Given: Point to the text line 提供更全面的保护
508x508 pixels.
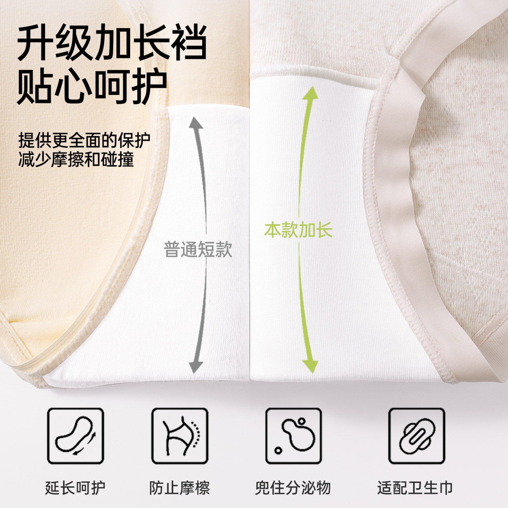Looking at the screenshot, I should [84, 140].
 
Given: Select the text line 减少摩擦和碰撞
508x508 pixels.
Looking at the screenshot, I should [76, 159].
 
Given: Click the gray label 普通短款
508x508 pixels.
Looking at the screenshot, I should [198, 249].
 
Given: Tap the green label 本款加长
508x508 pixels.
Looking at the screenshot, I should [298, 230].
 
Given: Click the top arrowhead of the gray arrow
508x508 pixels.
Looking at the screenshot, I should [196, 123].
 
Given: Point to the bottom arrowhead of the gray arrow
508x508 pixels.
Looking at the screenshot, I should [195, 367].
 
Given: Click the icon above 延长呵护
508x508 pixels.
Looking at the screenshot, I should [75, 436].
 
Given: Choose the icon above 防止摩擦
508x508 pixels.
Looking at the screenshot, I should [180, 436].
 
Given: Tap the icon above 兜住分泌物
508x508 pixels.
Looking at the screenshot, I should [294, 436].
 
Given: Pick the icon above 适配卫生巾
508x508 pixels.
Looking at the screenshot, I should [417, 436].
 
